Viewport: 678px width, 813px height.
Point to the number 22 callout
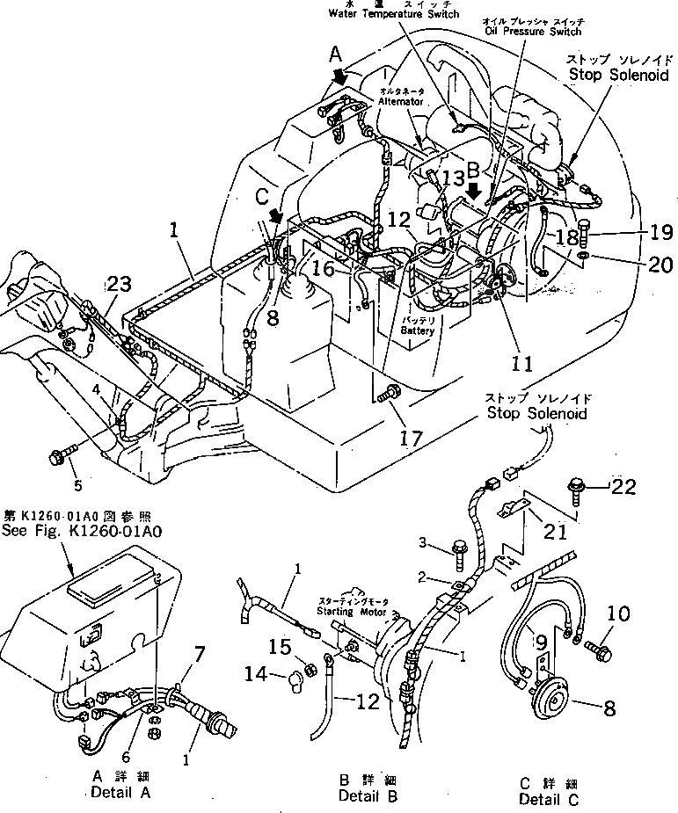click(x=624, y=486)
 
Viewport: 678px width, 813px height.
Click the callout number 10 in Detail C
click(x=619, y=613)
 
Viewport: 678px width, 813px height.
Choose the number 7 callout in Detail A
click(x=200, y=653)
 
